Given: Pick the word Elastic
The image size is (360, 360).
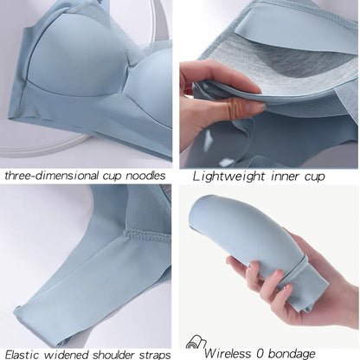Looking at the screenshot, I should (x=24, y=353).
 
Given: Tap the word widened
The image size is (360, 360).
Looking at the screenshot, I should (x=68, y=353).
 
